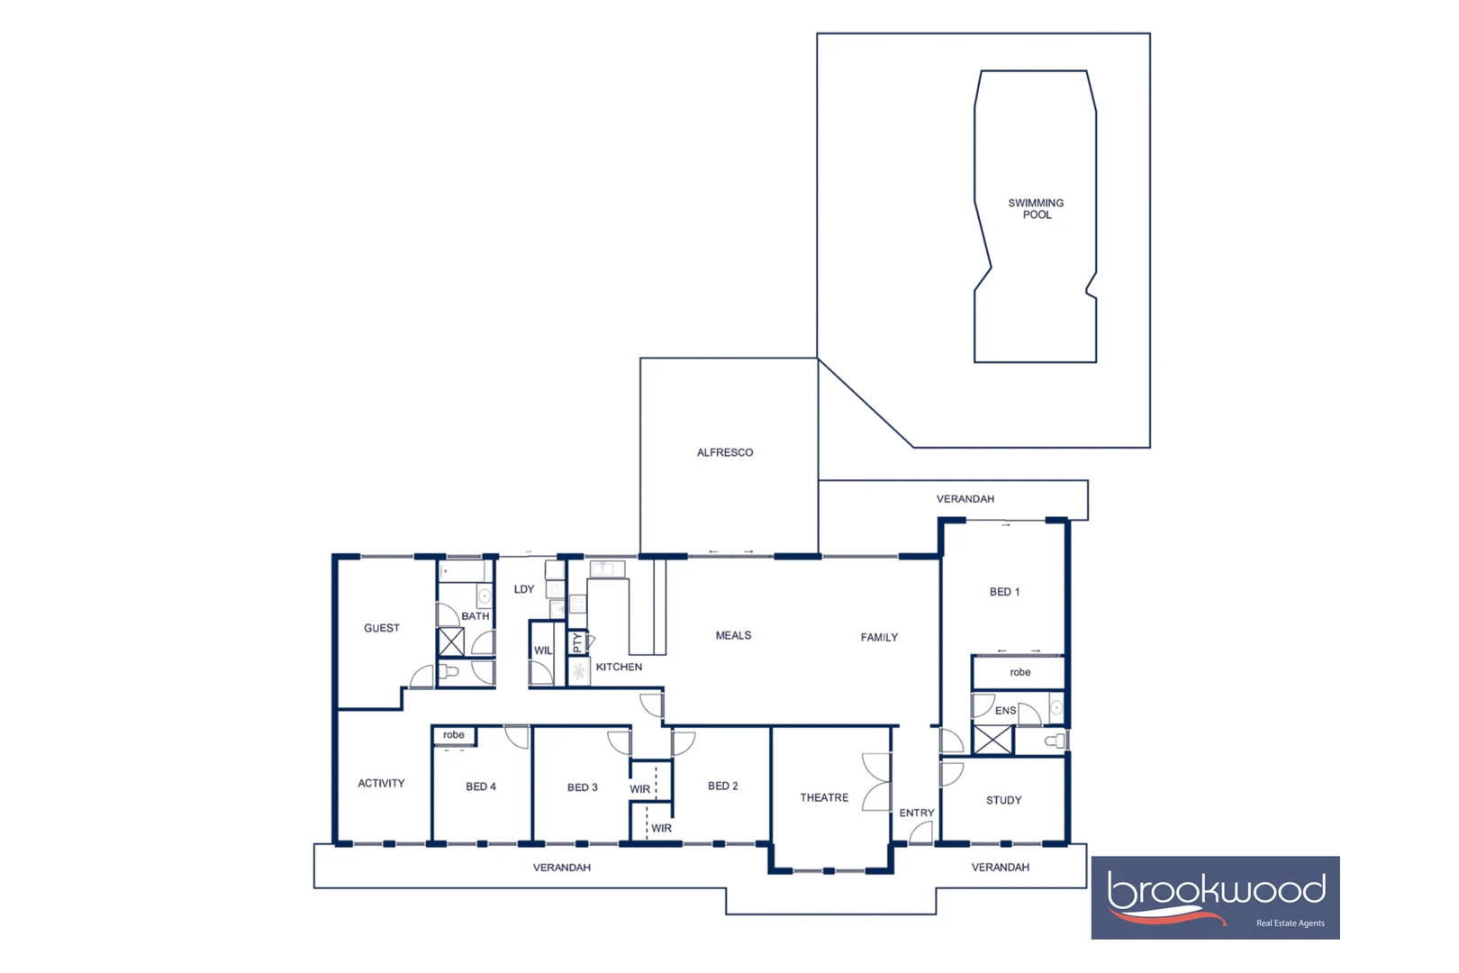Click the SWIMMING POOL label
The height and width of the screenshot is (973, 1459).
point(1036,209)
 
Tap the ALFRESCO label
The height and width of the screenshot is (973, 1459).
point(724,452)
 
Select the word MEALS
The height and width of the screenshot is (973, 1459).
point(733,635)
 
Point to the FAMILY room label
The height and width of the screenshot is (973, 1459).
point(879,637)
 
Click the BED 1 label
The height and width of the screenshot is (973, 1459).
point(1004,592)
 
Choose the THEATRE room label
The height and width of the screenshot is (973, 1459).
point(824,797)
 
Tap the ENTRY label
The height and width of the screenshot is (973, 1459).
point(917,813)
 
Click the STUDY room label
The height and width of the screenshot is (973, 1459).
point(1003,800)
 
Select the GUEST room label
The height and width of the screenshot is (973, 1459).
point(381,628)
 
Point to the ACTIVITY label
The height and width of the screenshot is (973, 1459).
point(381,783)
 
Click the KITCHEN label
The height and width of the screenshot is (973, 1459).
point(619,667)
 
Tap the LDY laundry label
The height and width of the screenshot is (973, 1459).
point(524,589)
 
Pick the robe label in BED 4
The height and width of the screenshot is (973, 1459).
point(454,735)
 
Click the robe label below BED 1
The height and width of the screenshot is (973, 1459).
point(1019,672)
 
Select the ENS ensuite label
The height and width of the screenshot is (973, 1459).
point(1005,711)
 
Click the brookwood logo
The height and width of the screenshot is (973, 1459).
point(1215,897)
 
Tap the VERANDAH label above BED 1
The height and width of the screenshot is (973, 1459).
point(965,499)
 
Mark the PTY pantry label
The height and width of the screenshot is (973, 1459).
point(577,642)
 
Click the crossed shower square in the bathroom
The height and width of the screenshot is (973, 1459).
point(451,642)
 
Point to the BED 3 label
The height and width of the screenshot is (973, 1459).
point(582,787)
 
